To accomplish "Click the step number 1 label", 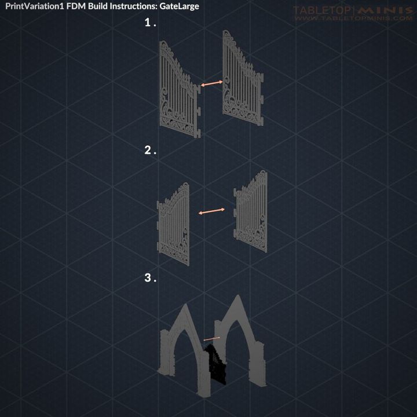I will click(x=150, y=23).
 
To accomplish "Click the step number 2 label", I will click(x=150, y=151).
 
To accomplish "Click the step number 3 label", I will click(x=150, y=278).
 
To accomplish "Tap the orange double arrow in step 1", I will click(x=212, y=85).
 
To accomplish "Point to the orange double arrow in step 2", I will click(x=212, y=212).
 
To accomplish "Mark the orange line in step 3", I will click(x=212, y=338).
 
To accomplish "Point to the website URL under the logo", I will click(x=353, y=19).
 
